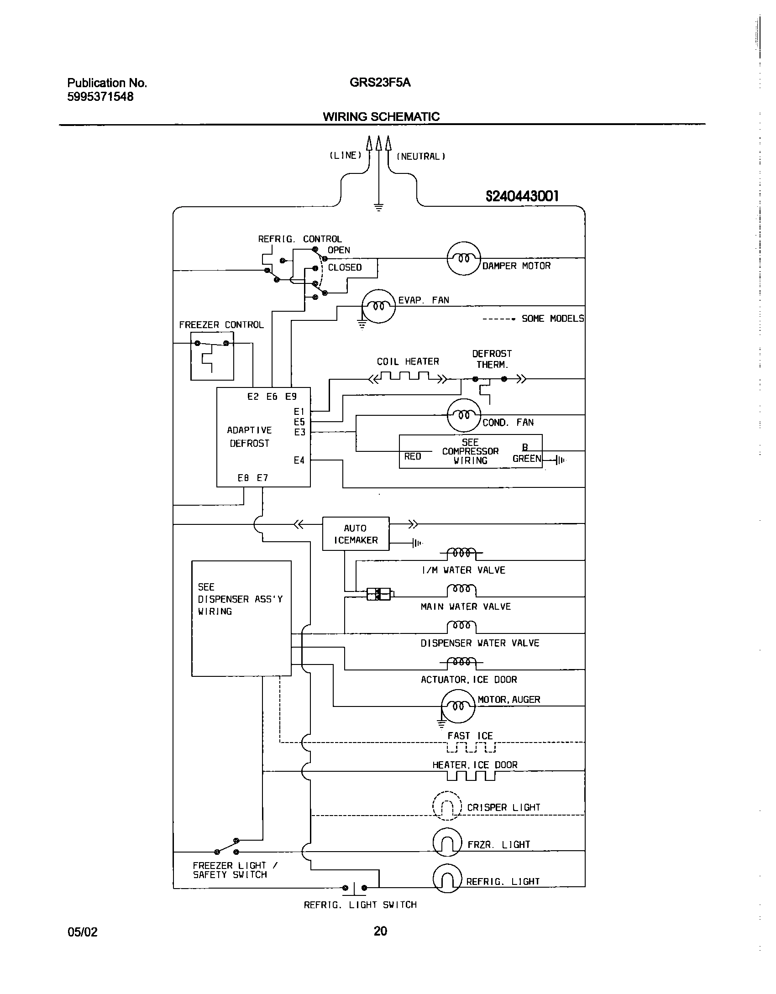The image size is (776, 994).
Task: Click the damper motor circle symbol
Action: point(463,258)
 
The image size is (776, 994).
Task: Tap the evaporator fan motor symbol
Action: point(378,306)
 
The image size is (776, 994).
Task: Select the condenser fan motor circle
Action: point(463,415)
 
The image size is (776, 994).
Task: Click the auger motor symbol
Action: point(458,706)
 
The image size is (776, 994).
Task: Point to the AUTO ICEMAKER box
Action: point(356,534)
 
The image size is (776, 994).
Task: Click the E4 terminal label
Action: point(299,460)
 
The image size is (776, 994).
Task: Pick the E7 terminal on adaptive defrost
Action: point(262,478)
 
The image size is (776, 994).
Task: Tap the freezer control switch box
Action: point(212,356)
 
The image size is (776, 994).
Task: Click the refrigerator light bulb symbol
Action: point(447,879)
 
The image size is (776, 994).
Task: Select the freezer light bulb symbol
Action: point(447,842)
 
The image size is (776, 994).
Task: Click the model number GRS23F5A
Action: point(380,83)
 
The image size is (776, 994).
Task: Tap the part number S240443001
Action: point(522,196)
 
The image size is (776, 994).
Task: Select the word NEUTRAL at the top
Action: point(420,157)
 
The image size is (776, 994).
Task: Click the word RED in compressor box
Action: point(413,456)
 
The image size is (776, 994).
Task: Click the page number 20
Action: point(380,931)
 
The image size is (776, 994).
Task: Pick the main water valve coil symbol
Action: point(461,590)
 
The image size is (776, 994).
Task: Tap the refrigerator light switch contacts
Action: point(355,888)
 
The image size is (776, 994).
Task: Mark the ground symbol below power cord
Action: point(379,207)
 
